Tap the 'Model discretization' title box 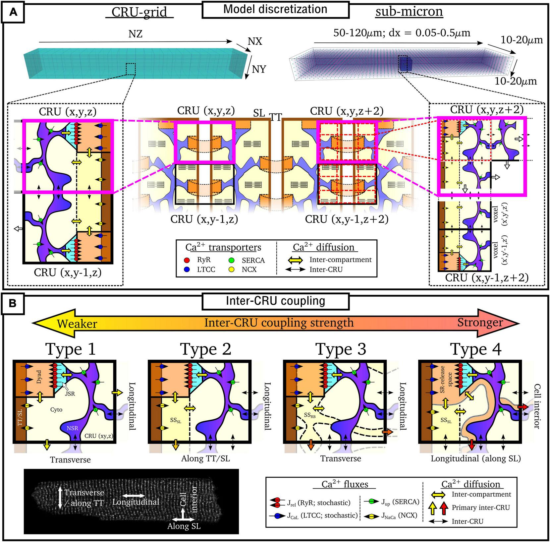275,9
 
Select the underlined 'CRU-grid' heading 139,12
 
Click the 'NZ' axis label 136,33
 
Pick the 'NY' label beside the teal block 259,69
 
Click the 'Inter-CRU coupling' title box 275,301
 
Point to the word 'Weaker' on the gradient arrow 77,324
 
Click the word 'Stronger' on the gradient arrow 480,323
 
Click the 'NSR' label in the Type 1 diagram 73,428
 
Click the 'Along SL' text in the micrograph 184,526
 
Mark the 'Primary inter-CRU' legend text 481,508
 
